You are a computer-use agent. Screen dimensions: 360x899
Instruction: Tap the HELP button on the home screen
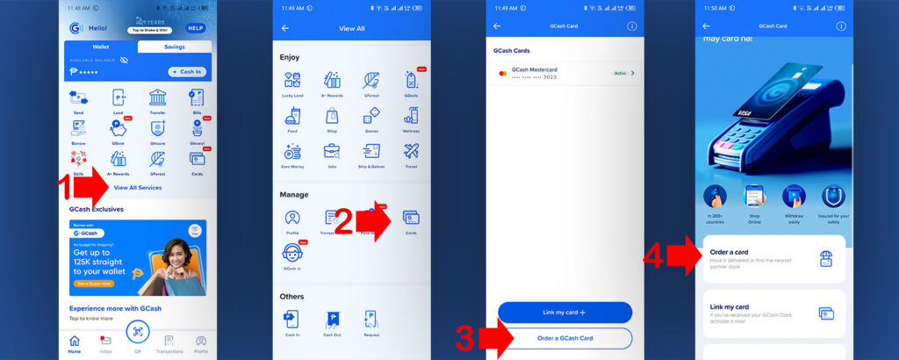(x=195, y=28)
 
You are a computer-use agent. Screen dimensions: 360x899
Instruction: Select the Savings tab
(x=162, y=47)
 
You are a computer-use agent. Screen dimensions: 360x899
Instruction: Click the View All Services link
(x=137, y=187)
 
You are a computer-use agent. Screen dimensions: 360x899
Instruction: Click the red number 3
(x=466, y=339)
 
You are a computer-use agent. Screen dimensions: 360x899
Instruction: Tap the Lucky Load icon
(x=292, y=81)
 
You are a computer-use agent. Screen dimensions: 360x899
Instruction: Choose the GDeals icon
(x=411, y=81)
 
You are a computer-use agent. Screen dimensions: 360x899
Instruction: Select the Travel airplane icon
(x=411, y=153)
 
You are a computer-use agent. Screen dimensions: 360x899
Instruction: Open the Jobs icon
(x=332, y=153)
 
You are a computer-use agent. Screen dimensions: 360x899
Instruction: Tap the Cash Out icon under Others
(x=332, y=320)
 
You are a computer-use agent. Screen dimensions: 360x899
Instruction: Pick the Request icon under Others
(x=371, y=320)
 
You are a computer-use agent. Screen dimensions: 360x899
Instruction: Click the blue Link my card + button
(x=565, y=312)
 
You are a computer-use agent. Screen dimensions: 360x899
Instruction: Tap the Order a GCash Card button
(x=565, y=338)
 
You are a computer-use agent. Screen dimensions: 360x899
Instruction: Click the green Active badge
(x=621, y=73)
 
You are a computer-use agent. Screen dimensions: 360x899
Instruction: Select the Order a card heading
(x=730, y=251)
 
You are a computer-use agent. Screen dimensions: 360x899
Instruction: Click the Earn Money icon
(x=292, y=153)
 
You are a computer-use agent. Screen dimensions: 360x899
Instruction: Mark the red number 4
(x=658, y=257)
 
